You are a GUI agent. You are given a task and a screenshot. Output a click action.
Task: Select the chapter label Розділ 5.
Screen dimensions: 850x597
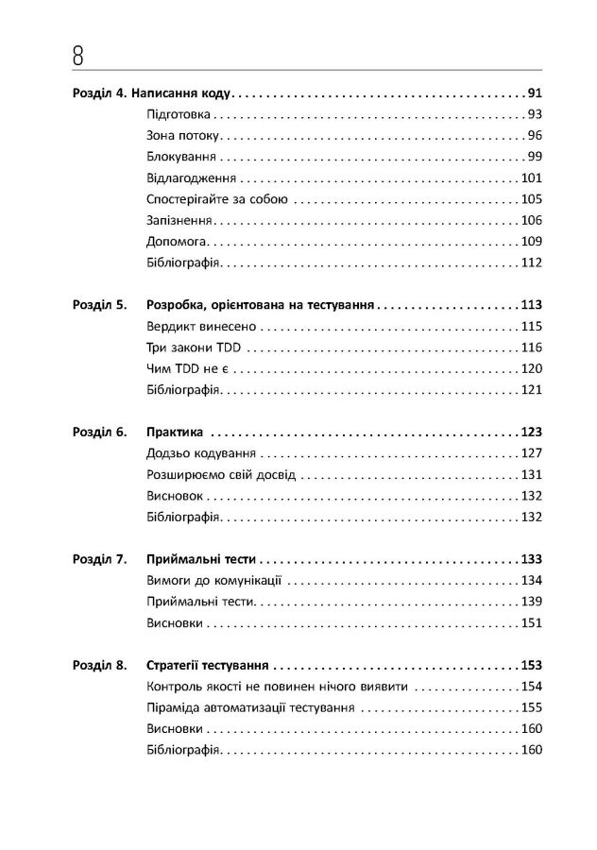[x=99, y=306]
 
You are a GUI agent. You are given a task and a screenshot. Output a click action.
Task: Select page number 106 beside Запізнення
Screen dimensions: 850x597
[x=530, y=220]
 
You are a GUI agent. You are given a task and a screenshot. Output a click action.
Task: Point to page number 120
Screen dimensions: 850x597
[x=530, y=368]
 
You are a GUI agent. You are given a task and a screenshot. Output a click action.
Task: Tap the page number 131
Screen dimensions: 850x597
[x=530, y=474]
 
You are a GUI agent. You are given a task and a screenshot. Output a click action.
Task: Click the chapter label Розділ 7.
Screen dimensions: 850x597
[x=99, y=559]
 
